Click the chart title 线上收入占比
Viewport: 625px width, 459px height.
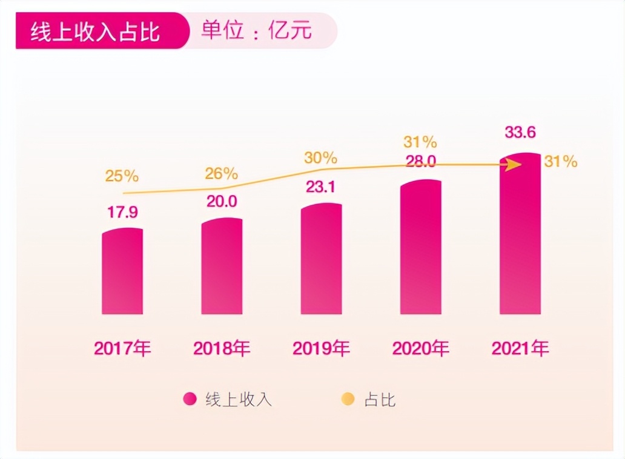point(95,31)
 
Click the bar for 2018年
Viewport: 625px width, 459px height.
point(222,266)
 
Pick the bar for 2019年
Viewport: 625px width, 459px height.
point(321,259)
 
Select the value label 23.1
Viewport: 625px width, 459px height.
point(321,187)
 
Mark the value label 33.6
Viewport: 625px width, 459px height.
point(520,133)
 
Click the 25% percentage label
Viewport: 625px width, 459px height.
point(122,176)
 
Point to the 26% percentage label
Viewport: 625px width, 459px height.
point(221,174)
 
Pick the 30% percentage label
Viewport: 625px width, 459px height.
point(320,158)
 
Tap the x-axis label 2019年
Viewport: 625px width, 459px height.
point(321,349)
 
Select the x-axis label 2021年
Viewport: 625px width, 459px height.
point(520,349)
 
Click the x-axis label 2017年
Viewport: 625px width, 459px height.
point(122,349)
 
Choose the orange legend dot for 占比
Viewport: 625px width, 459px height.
point(348,399)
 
